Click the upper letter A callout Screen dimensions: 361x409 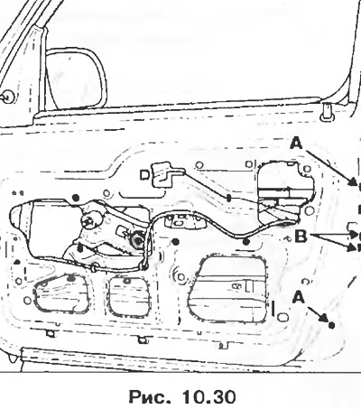click(296, 144)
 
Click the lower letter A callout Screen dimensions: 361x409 click(298, 298)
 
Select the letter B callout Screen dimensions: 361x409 click(301, 237)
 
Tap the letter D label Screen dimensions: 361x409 click(144, 175)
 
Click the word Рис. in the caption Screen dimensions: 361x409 click(147, 397)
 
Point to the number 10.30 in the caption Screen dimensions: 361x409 click(208, 397)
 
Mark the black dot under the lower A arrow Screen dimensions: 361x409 click(331, 325)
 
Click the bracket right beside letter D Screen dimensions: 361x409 click(165, 174)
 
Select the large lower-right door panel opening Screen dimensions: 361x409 click(227, 288)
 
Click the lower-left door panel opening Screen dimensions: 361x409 click(61, 293)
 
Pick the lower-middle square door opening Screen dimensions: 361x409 click(129, 296)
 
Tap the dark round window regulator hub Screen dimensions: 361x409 click(138, 241)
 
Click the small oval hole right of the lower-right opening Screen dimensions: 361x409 click(282, 317)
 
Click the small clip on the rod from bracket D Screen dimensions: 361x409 click(228, 198)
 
